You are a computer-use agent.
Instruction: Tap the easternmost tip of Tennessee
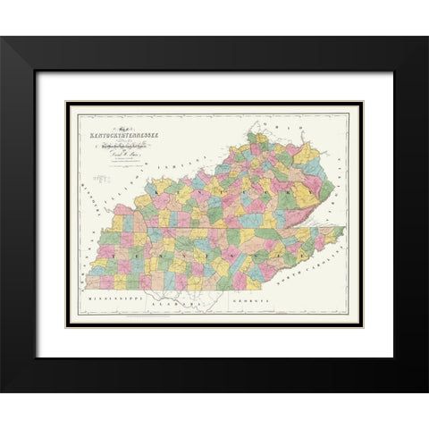click(x=344, y=229)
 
